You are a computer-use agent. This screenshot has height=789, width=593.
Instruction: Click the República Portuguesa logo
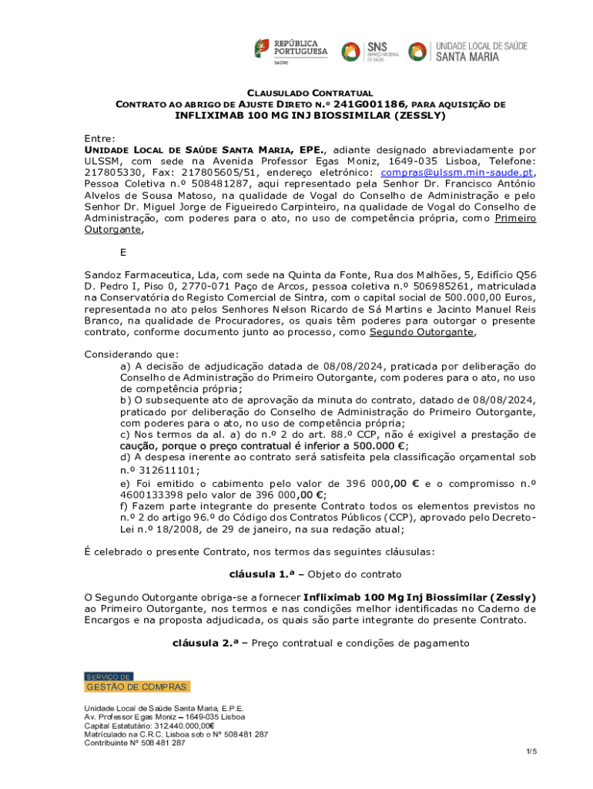click(x=290, y=51)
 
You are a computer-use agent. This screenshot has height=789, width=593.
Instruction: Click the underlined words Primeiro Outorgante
click(x=515, y=219)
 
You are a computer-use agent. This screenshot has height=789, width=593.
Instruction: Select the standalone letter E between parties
click(x=123, y=252)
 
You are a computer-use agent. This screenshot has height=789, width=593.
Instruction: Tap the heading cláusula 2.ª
click(x=204, y=643)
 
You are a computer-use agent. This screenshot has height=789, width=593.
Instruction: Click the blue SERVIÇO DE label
click(x=108, y=677)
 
